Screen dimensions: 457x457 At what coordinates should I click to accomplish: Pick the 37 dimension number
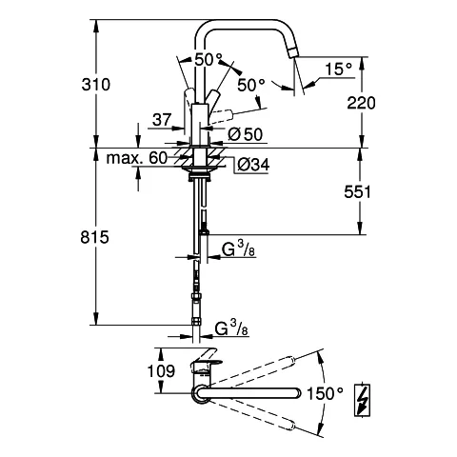(163, 120)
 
